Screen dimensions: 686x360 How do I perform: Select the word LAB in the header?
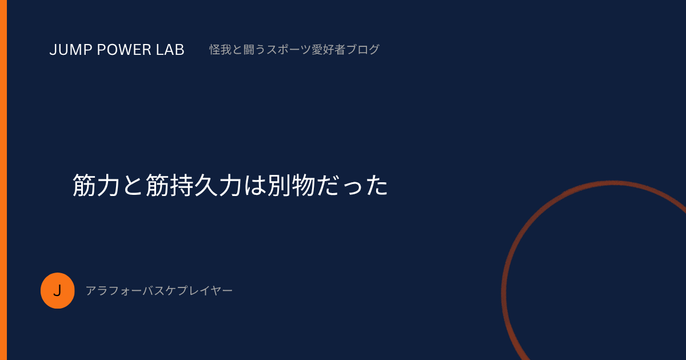click(x=170, y=50)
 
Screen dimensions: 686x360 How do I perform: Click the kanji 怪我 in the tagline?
click(x=221, y=50)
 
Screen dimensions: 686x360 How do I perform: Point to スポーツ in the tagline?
click(x=289, y=50)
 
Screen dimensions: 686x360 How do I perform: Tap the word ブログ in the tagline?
click(x=362, y=50)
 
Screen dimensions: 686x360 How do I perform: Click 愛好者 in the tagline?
click(x=329, y=50)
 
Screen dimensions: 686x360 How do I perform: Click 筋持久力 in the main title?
click(x=194, y=185)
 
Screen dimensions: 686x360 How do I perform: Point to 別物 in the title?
click(x=291, y=185)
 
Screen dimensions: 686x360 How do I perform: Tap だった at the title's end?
click(x=352, y=185)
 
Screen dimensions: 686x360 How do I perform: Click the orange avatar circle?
click(x=58, y=290)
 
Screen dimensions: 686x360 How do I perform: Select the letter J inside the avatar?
click(x=57, y=291)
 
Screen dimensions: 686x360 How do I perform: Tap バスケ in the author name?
click(x=159, y=291)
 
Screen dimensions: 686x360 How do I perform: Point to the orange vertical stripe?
click(x=3, y=180)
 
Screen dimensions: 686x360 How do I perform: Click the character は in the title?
click(x=254, y=185)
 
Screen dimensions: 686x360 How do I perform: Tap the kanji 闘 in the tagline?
click(x=249, y=50)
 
